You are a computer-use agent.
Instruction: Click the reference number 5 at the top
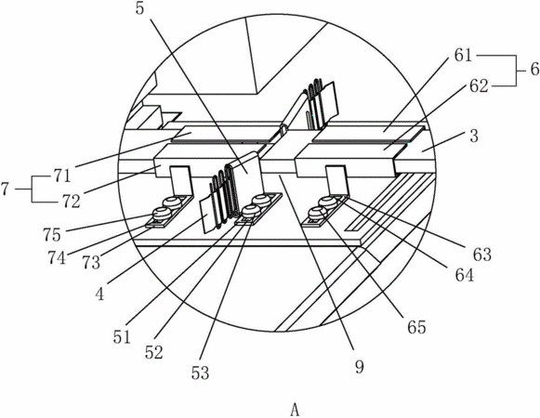coord(139,9)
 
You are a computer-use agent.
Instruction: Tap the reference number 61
coord(463,55)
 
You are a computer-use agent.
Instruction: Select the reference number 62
coord(479,86)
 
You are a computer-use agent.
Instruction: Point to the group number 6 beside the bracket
coord(534,70)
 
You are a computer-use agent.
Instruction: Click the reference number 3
coord(474,137)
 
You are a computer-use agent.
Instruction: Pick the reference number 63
coord(482,255)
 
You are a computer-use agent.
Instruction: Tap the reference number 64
coord(465,276)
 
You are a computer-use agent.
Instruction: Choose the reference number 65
coord(416,327)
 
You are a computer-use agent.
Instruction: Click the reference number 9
coord(359,367)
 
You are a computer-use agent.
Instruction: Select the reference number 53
coord(200,372)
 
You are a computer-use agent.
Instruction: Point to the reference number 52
coord(153,353)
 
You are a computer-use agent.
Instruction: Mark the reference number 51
coord(122,337)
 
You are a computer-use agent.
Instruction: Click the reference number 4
coord(99,294)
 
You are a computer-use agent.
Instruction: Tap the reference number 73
coord(91,263)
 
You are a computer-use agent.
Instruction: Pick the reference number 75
coord(52,235)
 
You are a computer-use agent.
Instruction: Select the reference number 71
coord(62,176)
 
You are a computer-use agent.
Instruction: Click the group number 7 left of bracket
coord(5,189)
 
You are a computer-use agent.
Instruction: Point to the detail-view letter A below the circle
coord(295,410)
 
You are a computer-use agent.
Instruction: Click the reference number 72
coord(72,202)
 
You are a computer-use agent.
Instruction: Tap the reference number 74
coord(57,258)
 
